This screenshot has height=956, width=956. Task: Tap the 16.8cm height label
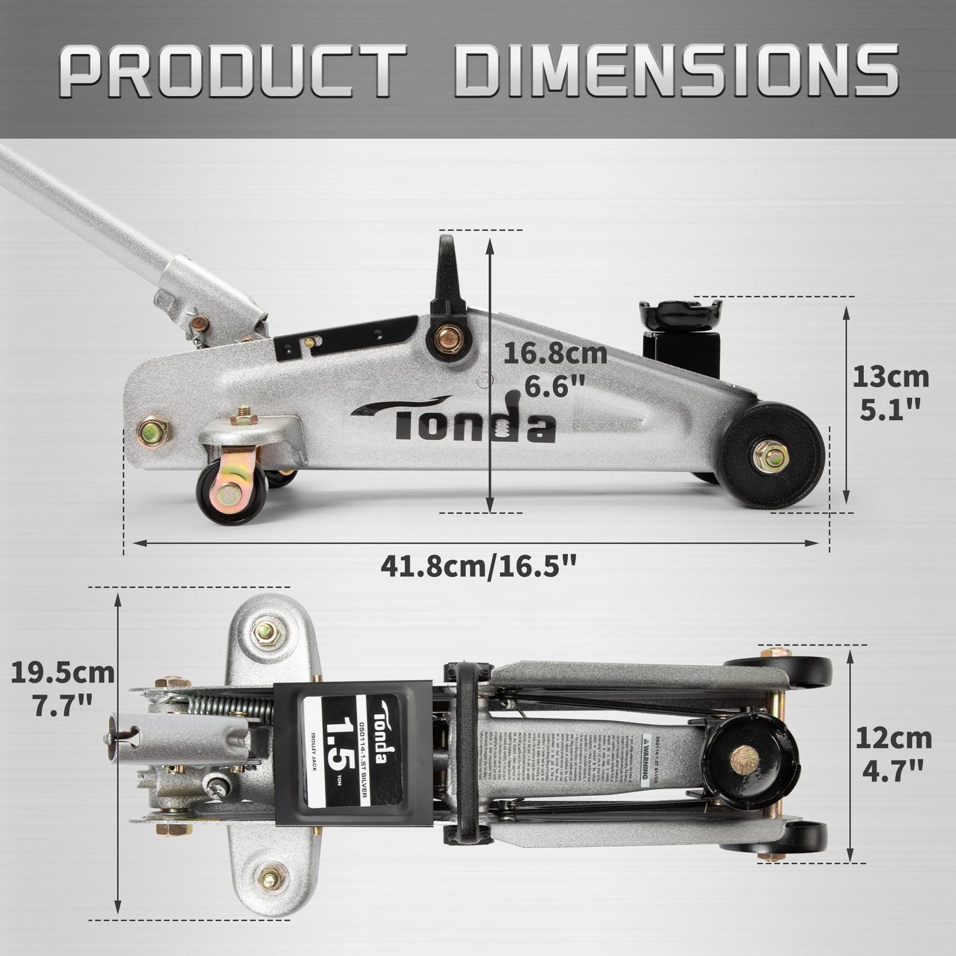point(554,353)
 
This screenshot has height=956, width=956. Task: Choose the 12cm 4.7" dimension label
point(891,753)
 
